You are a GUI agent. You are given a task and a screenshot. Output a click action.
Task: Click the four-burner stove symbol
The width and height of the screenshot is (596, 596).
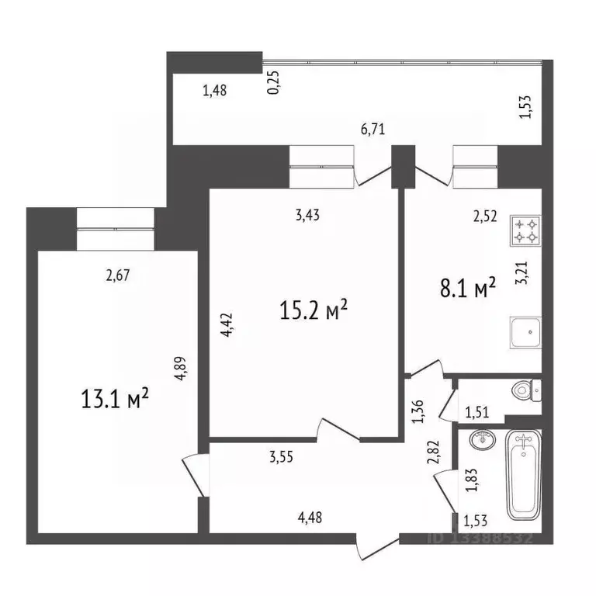[x=524, y=230]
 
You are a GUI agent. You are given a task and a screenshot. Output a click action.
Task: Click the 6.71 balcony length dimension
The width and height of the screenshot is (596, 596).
[x=373, y=130]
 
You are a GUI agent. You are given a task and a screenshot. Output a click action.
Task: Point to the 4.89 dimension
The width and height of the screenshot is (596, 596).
[x=180, y=366]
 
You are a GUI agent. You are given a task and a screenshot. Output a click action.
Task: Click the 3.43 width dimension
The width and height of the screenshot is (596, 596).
[x=308, y=216]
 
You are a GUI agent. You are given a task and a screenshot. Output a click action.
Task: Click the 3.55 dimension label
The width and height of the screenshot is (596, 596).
[x=282, y=458]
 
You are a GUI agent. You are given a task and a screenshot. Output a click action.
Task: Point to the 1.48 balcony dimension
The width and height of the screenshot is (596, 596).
[x=214, y=91]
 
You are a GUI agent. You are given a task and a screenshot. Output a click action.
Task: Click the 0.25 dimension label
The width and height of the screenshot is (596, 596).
[x=273, y=81]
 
